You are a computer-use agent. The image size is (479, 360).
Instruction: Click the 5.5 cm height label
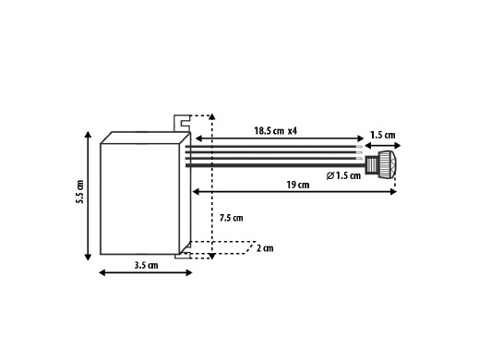point(80,192)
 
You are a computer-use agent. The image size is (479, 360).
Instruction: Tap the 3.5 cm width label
point(146,265)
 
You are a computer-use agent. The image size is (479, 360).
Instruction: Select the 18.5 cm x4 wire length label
point(275,131)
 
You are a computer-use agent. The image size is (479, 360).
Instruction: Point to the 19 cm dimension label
point(298,185)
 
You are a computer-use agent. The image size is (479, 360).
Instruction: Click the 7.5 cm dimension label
point(231,218)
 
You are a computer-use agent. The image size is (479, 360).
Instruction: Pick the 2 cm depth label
point(265,248)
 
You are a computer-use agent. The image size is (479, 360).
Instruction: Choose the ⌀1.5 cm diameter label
point(343,175)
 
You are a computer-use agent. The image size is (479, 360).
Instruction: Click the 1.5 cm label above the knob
point(382,135)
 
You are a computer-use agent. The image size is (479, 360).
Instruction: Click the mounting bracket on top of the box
point(182,123)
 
